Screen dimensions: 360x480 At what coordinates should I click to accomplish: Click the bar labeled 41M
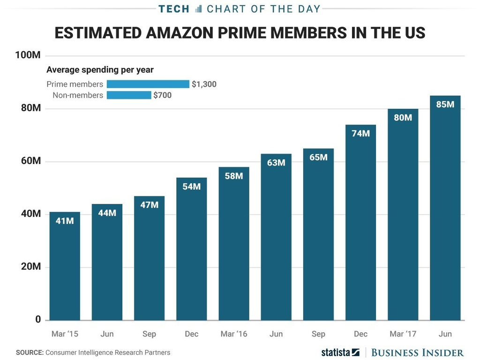(x=65, y=266)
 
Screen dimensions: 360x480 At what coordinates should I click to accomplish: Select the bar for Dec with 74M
(x=360, y=223)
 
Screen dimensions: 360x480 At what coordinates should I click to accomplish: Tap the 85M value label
(x=445, y=105)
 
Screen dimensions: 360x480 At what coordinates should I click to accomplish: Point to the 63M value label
(x=276, y=163)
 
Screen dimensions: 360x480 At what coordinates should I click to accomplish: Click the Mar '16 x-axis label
(x=233, y=334)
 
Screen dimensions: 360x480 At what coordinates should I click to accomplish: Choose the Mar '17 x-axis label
(x=403, y=334)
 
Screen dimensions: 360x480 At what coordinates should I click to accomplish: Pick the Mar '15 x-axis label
(x=65, y=334)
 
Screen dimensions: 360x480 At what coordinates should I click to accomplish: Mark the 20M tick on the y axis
(x=30, y=267)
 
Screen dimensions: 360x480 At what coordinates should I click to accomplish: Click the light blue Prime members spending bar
(x=148, y=84)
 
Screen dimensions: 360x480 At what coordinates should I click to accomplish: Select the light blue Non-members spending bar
(x=129, y=95)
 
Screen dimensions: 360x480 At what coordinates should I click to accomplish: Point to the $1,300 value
(x=204, y=84)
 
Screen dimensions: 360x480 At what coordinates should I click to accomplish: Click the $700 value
(x=162, y=95)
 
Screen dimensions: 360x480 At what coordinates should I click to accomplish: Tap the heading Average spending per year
(x=100, y=70)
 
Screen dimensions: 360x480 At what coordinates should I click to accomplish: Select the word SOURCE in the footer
(x=29, y=352)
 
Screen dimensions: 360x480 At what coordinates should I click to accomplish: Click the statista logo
(x=340, y=352)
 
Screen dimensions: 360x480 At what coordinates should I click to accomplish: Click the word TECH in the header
(x=174, y=8)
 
